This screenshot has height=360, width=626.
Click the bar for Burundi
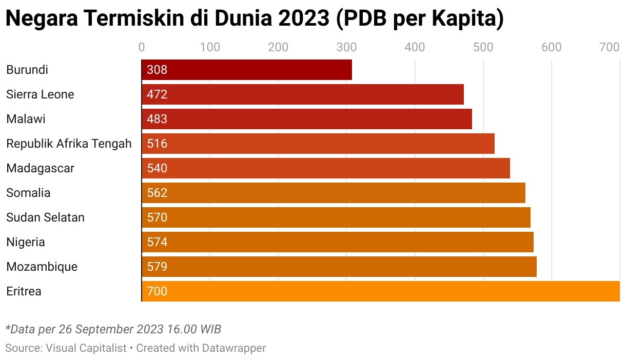(247, 70)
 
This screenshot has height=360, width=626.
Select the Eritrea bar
(380, 291)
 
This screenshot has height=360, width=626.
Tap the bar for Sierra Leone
(303, 94)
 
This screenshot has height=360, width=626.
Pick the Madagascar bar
(326, 168)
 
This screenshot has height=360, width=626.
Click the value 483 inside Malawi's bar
(157, 119)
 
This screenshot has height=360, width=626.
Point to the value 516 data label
(157, 144)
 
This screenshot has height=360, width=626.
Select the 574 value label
(157, 242)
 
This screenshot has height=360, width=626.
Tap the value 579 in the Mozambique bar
(157, 267)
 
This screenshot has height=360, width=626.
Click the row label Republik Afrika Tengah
(69, 144)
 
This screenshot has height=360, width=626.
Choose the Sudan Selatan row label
(45, 217)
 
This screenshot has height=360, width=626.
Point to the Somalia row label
(28, 193)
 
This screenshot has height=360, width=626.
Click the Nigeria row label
(26, 242)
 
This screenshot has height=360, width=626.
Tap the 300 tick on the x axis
(346, 48)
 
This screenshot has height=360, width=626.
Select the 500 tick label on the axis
(483, 48)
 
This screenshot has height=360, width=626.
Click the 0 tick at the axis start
(142, 48)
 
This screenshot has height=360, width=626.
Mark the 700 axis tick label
(610, 48)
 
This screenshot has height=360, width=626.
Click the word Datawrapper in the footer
(234, 348)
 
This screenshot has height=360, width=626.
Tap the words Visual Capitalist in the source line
(86, 348)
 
